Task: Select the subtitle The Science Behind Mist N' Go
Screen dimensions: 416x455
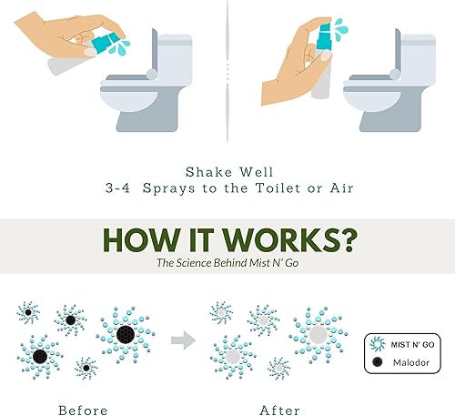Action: (227, 263)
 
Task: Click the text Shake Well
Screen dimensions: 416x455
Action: (227, 171)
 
